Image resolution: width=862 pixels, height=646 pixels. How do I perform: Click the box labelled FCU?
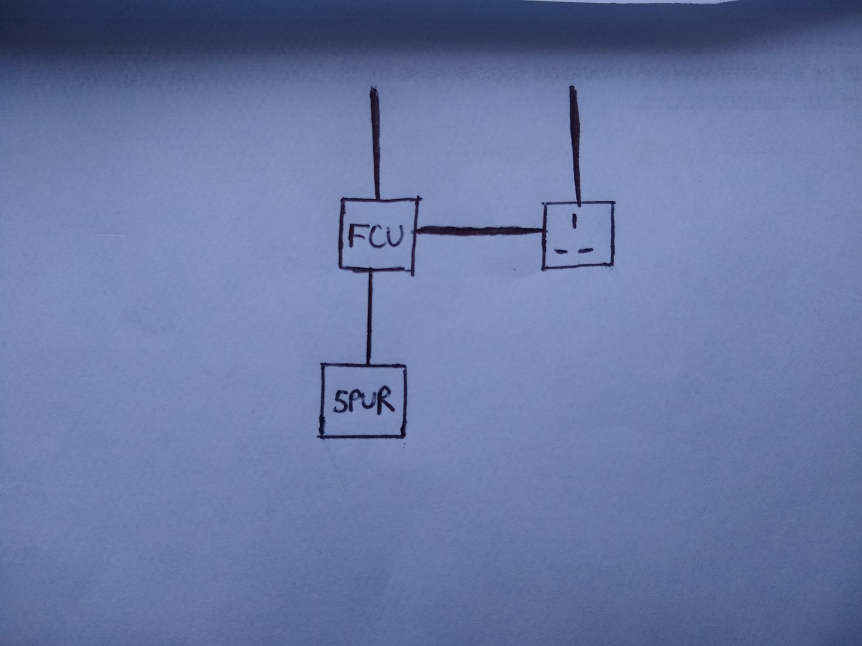coord(340,234)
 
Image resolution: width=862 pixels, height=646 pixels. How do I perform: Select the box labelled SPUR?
coord(322,400)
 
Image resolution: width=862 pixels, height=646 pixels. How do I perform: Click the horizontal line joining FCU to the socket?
coord(480,231)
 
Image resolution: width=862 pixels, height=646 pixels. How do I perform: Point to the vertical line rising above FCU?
coord(375,143)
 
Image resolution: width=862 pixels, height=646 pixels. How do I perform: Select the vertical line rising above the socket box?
coord(575,146)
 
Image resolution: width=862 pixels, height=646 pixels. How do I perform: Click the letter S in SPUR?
coord(339,403)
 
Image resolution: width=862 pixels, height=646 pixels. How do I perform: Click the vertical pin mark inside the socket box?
coord(574,220)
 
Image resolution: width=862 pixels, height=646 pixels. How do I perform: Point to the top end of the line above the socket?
coord(573,87)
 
